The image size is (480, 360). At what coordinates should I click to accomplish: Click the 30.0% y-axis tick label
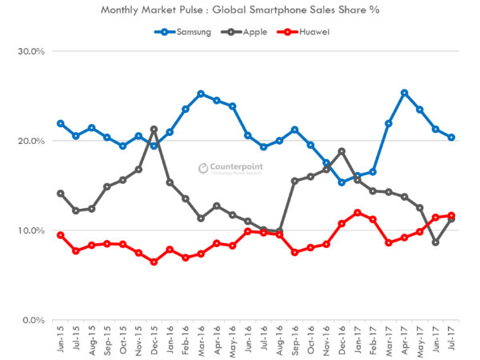point(31,51)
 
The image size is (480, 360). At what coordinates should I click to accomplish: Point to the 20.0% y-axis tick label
point(31,141)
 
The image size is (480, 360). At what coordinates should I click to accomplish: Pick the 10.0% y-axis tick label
point(31,230)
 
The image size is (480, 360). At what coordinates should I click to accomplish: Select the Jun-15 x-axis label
point(60,340)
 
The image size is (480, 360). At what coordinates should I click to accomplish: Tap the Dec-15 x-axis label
point(154,340)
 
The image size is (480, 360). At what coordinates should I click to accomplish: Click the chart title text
point(240,11)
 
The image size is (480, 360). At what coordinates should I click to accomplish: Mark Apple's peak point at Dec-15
point(154,130)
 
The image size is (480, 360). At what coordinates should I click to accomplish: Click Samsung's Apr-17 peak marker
point(404,93)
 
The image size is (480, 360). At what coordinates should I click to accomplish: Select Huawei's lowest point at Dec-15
point(154,262)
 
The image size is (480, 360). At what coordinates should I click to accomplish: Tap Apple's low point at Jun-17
point(435,242)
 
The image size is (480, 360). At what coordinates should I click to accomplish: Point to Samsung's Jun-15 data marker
point(60,124)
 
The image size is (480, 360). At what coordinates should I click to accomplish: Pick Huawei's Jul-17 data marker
point(451,215)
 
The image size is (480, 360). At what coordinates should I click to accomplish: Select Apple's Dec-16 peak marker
point(342,151)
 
